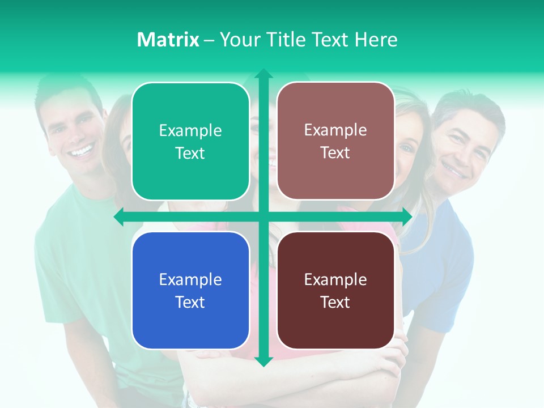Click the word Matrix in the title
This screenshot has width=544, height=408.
click(x=168, y=40)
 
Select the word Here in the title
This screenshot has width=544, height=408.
click(x=376, y=40)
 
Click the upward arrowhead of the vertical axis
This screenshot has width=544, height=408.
click(x=263, y=74)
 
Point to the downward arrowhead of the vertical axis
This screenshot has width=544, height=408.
click(x=263, y=361)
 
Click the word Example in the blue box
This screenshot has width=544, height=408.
click(x=190, y=279)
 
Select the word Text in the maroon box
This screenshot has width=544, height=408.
click(x=335, y=302)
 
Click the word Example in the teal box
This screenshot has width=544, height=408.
click(x=190, y=131)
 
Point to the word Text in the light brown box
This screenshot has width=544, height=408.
click(x=335, y=153)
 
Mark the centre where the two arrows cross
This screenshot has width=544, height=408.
click(x=263, y=216)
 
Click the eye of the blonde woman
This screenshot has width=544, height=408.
click(x=406, y=148)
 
